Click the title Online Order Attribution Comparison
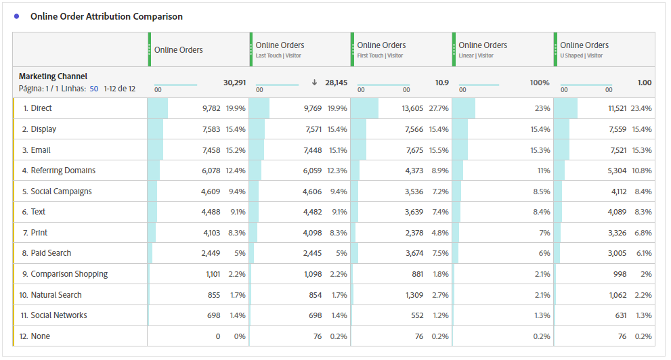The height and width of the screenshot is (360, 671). (106, 16)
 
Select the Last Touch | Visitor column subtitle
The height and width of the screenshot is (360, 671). (278, 55)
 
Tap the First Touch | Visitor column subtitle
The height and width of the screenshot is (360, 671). (381, 55)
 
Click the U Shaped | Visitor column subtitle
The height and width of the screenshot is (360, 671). (582, 55)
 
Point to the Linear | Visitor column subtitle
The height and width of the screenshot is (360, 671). (476, 55)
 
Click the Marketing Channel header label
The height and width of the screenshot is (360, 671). (53, 76)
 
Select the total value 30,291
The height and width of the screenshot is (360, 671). (234, 83)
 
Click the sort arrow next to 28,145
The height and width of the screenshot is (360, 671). (314, 83)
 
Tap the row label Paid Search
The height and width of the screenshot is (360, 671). (51, 253)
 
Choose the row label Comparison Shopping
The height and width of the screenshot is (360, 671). (69, 274)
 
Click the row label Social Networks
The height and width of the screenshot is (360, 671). (58, 315)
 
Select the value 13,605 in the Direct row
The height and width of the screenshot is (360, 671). (412, 108)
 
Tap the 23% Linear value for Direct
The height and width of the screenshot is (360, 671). (542, 108)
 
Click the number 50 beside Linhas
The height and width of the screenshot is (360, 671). (94, 89)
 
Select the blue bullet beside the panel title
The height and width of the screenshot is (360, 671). (17, 16)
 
